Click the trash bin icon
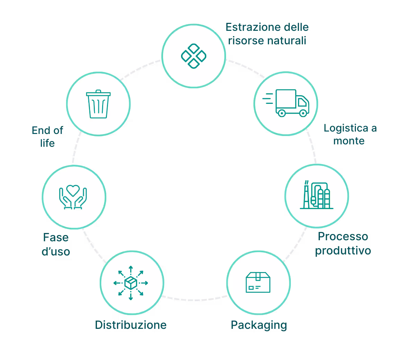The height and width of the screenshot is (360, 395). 98,104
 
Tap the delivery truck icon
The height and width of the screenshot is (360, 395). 286,102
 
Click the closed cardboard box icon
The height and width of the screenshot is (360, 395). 258,282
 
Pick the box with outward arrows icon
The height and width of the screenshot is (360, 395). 131,283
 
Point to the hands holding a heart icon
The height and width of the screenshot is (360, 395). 73,197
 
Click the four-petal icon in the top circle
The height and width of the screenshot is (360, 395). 194,56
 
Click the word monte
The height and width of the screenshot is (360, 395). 349,141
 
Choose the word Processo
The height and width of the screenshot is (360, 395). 343,237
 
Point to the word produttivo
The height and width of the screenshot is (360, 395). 343,250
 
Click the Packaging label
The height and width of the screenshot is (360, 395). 259,325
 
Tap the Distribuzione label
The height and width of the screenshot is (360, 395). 131,325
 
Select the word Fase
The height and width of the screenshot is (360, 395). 56,238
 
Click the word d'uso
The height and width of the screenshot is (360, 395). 56,251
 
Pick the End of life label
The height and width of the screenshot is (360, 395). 47,136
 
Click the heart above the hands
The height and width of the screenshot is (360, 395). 73,190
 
